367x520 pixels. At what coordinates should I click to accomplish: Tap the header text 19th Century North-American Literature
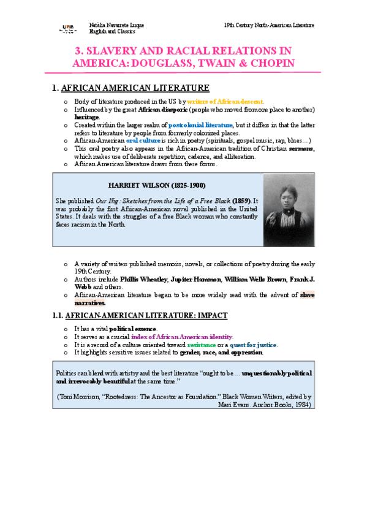click(x=270, y=25)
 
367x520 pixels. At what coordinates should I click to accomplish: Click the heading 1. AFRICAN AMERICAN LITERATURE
click(x=131, y=88)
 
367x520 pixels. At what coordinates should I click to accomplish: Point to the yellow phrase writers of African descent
click(x=225, y=101)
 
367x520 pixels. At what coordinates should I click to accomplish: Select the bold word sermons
click(x=301, y=148)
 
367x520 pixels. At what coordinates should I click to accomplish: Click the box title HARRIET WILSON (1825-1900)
click(x=156, y=185)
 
